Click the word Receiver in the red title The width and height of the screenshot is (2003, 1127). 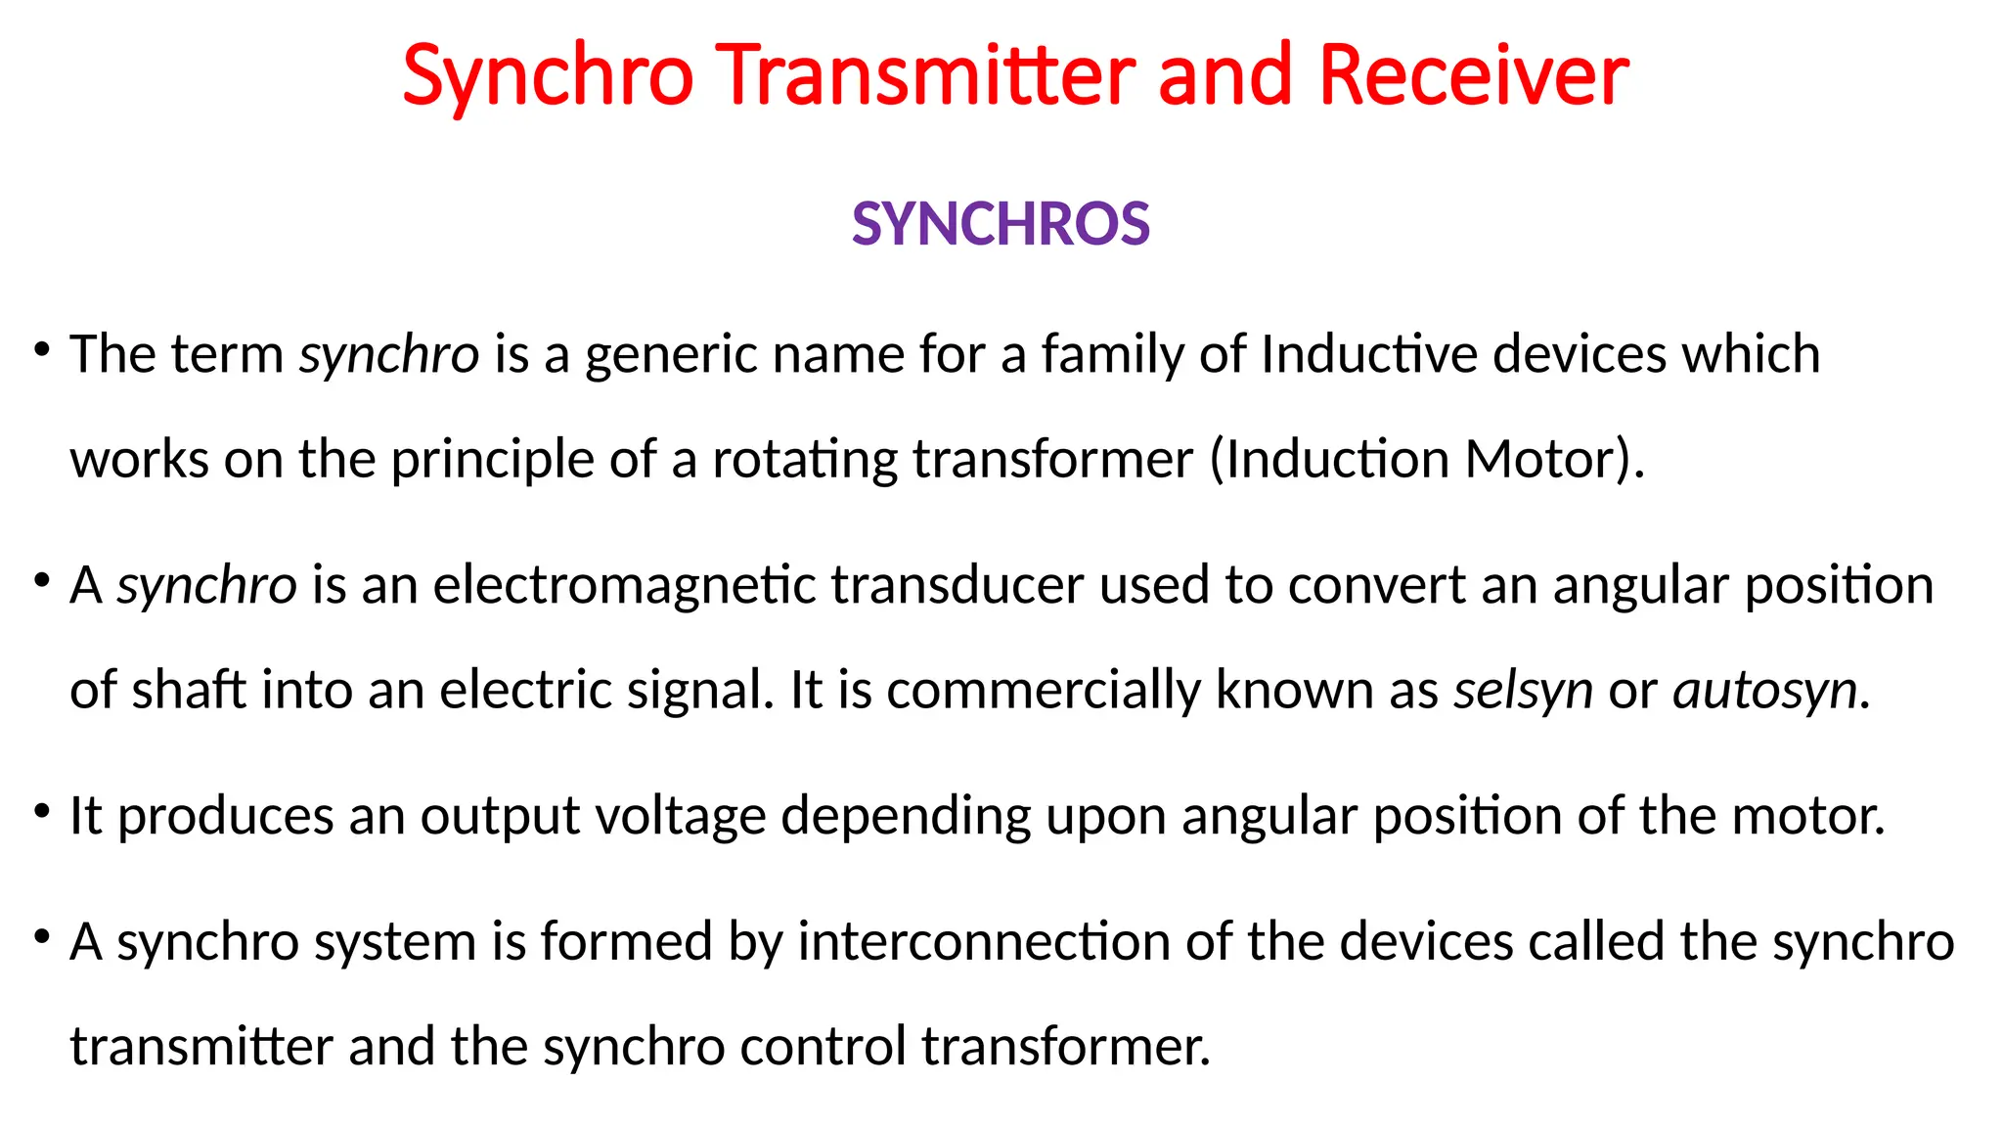click(x=1473, y=75)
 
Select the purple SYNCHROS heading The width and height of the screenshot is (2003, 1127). click(x=1001, y=224)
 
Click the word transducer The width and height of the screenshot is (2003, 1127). click(x=957, y=585)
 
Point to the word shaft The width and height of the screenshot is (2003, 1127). click(x=189, y=690)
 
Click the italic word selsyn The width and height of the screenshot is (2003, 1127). click(x=1523, y=690)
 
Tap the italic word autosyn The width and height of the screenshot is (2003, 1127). click(x=1765, y=690)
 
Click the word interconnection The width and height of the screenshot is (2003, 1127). click(x=983, y=942)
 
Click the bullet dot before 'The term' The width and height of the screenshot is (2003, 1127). click(x=41, y=348)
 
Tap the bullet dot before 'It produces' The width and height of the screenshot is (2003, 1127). click(x=41, y=811)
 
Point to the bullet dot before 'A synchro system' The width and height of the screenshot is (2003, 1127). click(x=41, y=936)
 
